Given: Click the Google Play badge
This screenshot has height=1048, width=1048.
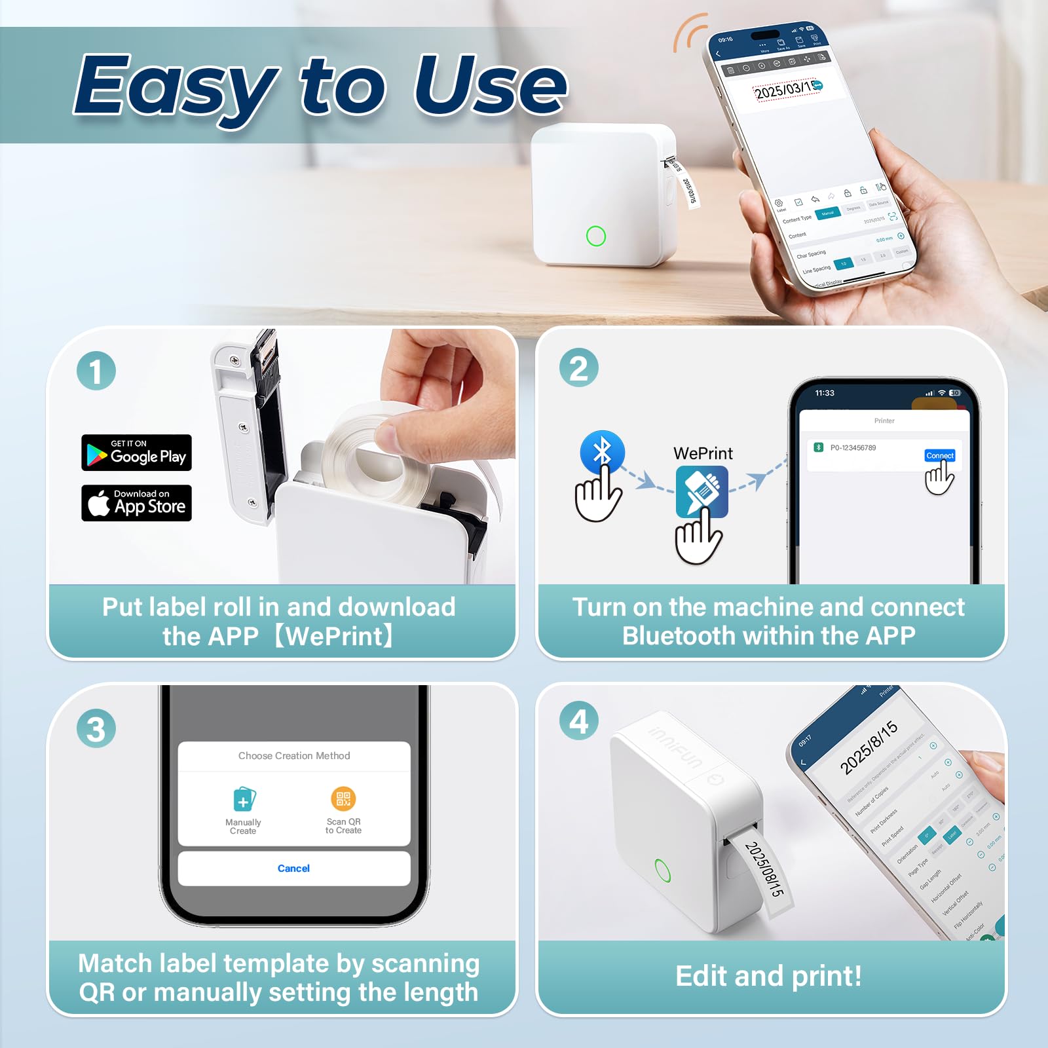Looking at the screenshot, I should [x=136, y=453].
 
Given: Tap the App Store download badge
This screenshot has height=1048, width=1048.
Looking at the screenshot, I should [x=136, y=503].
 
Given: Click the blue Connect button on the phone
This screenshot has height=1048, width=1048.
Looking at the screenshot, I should [x=939, y=455].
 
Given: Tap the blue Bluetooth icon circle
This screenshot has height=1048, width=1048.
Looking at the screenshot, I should [x=602, y=451].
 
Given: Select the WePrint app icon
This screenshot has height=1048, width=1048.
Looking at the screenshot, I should [x=702, y=491].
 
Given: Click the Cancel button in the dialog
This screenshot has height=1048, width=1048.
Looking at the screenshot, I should [x=293, y=869].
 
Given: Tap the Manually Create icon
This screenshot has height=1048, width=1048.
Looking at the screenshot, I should [x=244, y=800].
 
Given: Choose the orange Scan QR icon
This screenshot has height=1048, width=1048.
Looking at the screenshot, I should [x=343, y=798].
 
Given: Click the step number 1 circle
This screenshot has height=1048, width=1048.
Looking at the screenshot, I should [x=96, y=371].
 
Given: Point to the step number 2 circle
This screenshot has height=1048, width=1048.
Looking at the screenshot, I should [x=579, y=367].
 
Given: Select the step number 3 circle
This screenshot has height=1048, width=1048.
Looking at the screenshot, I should [x=96, y=729].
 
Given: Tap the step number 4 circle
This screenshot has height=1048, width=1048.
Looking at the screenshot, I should [x=579, y=722].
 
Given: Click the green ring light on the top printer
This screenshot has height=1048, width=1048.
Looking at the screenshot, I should [x=596, y=236].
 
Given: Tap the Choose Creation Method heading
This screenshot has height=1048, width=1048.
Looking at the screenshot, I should [x=294, y=756].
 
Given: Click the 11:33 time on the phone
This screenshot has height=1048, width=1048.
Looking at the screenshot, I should [x=825, y=393].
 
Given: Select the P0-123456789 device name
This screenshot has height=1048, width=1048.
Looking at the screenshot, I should [x=853, y=448].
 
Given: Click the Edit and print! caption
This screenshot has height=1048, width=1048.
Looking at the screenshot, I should [x=768, y=976].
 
